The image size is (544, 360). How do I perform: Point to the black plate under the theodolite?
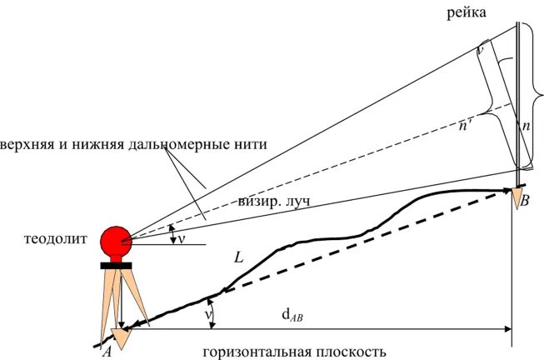pyautogui.click(x=116, y=266)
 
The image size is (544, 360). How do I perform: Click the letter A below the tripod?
pyautogui.click(x=106, y=352)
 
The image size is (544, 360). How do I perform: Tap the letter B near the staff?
pyautogui.click(x=524, y=202)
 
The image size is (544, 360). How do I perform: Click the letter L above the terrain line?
pyautogui.click(x=239, y=258)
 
